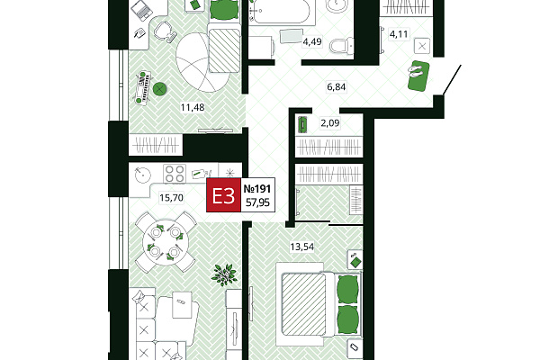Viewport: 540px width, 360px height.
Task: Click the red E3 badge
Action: pos(223,195)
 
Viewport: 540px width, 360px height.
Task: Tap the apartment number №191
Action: pos(257,188)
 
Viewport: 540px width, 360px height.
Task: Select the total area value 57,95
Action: pos(257,202)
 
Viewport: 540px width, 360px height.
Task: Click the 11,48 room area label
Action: pos(193,107)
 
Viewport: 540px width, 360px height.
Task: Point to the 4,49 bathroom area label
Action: pos(312,41)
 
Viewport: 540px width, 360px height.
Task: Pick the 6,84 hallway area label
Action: pos(336,86)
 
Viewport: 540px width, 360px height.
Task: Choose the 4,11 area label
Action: pos(399,34)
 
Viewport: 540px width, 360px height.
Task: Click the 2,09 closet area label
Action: pos(330,122)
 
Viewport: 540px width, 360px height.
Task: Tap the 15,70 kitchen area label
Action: pos(171,198)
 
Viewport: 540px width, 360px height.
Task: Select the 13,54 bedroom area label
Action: pos(302,247)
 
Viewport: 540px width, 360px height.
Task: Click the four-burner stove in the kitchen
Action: pos(175,174)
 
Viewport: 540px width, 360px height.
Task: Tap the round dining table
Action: pos(166,243)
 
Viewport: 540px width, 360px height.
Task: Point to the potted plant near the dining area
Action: pos(224,274)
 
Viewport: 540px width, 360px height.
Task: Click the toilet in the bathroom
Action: pos(341,46)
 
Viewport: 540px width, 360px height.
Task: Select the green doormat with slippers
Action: pos(418,76)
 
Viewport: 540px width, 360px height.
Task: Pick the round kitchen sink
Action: pos(143,175)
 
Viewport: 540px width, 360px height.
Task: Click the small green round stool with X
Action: pos(160,90)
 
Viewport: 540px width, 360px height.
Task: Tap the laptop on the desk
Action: pos(141,10)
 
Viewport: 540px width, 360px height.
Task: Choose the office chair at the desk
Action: pos(165,31)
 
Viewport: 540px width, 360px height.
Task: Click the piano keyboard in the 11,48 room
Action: pos(143,88)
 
